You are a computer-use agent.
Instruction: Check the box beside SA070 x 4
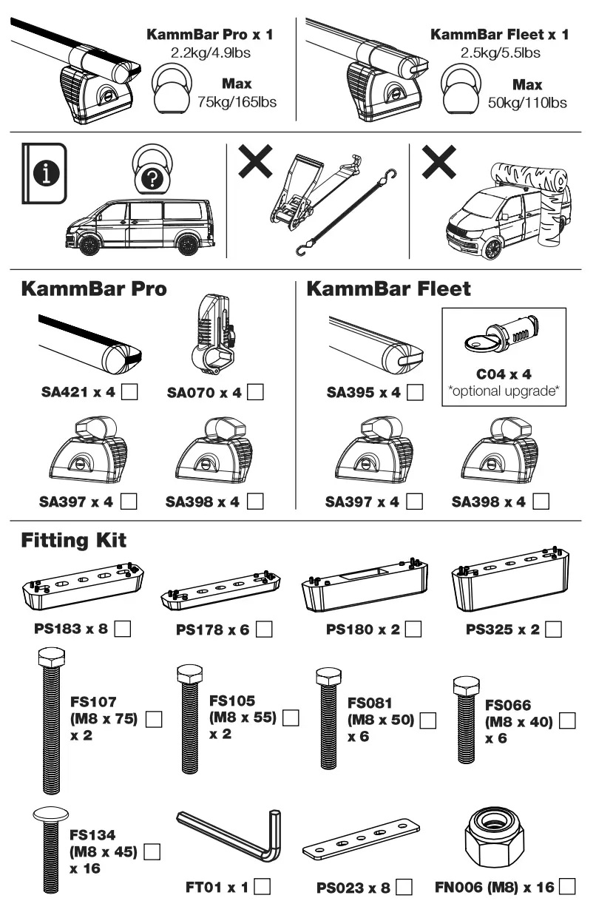click(256, 392)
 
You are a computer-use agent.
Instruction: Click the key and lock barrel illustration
click(503, 338)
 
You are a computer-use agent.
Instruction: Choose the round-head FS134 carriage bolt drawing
click(50, 851)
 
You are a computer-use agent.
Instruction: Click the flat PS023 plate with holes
click(362, 841)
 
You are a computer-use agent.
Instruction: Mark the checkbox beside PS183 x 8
click(124, 630)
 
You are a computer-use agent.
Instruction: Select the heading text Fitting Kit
click(74, 540)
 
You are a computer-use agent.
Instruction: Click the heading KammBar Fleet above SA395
click(388, 288)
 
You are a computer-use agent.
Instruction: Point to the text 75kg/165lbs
click(237, 101)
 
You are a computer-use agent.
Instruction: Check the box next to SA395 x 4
click(416, 392)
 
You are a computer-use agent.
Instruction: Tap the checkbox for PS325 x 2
click(552, 630)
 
